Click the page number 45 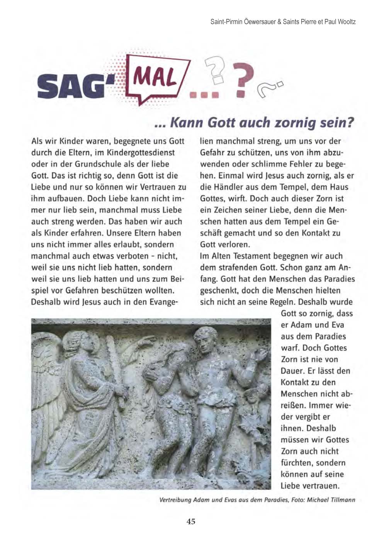191,521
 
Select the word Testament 252,256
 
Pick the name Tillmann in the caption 342,500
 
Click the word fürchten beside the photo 297,463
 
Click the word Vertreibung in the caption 175,500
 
